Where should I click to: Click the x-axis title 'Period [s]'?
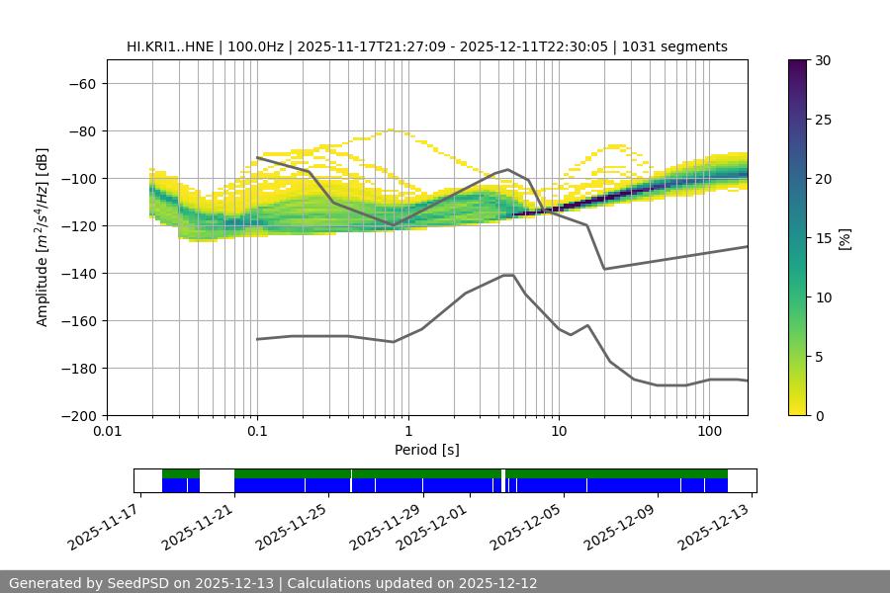[x=426, y=451]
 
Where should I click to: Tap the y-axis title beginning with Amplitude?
[x=43, y=237]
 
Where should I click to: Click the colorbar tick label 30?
[x=823, y=60]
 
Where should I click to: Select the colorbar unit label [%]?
[x=845, y=238]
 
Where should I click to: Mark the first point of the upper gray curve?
[x=257, y=157]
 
